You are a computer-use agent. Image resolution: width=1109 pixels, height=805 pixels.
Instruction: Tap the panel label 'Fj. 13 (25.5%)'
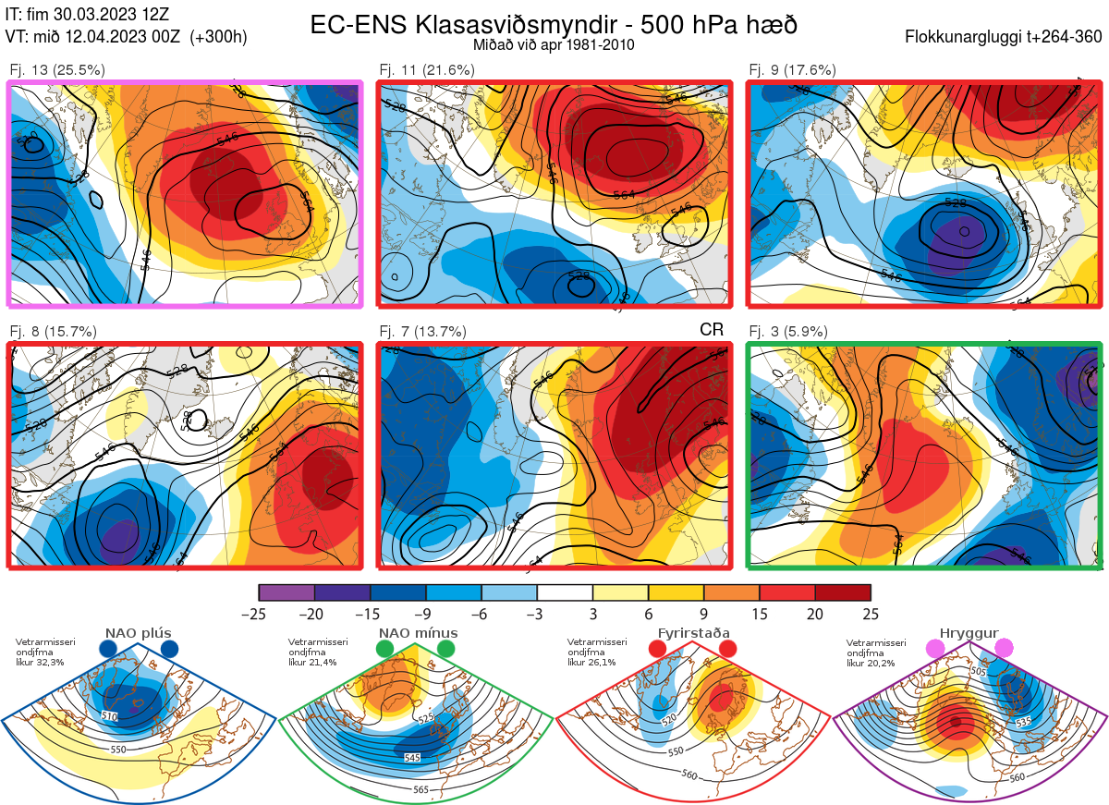point(57,69)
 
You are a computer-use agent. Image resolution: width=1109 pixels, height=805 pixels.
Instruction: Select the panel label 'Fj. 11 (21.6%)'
point(427,69)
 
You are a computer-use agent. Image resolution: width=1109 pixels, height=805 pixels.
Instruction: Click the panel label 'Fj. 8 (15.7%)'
point(54,332)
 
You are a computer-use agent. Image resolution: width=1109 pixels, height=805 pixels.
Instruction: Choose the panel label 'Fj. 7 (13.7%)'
point(423,332)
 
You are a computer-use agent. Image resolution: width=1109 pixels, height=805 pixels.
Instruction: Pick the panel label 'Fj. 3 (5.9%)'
point(788,332)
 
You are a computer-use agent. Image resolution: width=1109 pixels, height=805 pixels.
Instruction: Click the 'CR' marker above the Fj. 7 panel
point(711,330)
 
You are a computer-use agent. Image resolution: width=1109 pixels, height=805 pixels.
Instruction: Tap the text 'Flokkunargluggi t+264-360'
point(1005,38)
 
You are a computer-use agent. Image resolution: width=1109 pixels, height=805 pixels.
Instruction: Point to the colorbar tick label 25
point(870,614)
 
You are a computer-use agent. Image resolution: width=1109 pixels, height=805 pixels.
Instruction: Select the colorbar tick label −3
point(537,614)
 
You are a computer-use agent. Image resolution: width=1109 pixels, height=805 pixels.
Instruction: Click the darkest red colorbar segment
point(843,592)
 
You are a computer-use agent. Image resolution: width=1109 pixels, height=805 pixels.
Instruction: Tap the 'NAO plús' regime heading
point(137,633)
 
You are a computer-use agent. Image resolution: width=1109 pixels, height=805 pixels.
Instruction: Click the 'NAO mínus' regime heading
point(418,633)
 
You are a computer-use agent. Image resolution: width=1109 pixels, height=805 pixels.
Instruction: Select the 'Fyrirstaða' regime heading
point(693,633)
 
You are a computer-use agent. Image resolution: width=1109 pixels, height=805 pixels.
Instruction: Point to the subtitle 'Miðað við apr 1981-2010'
point(554,44)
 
